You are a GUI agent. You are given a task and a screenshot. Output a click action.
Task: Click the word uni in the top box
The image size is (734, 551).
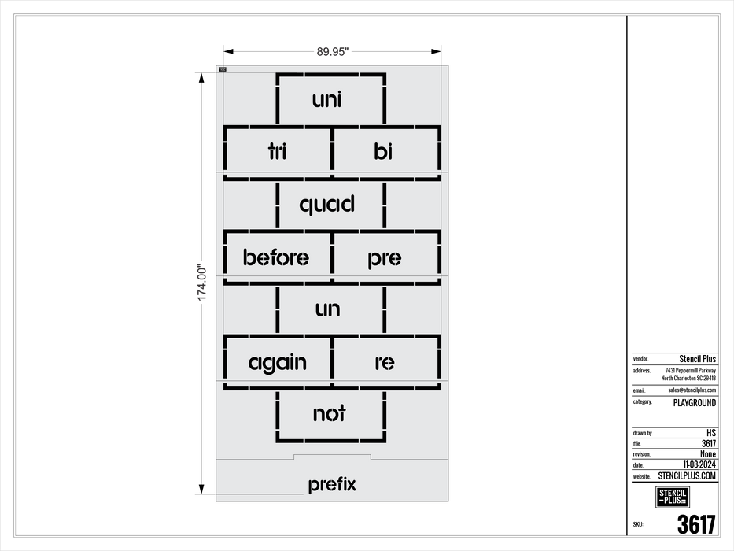click(x=327, y=100)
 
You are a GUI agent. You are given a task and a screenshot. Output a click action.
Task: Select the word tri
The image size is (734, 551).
click(x=277, y=152)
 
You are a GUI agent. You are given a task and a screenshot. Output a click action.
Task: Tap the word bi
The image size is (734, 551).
click(x=383, y=151)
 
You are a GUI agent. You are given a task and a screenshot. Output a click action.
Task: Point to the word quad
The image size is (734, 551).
click(x=327, y=205)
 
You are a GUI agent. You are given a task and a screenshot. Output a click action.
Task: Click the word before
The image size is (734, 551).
click(x=276, y=257)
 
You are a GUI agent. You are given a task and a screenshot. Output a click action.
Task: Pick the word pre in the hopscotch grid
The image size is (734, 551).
click(x=384, y=258)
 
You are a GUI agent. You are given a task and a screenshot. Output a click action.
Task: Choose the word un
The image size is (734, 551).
click(x=327, y=309)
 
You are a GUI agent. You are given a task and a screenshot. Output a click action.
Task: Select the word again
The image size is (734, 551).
click(x=277, y=364)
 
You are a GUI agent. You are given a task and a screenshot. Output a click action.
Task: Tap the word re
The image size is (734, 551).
click(x=384, y=363)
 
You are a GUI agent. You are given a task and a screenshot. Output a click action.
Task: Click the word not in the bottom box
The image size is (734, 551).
click(x=329, y=414)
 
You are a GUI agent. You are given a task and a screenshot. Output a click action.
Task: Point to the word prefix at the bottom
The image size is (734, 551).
click(x=332, y=485)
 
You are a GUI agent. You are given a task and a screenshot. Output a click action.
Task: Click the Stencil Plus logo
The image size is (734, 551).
click(x=673, y=497)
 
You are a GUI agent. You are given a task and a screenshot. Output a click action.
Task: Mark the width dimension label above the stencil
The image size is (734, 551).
click(x=332, y=53)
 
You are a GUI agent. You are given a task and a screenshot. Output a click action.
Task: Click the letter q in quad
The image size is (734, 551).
click(x=307, y=207)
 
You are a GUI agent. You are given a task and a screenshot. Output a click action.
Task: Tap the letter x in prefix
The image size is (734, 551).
click(x=351, y=485)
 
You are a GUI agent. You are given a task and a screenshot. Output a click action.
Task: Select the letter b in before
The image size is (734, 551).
click(x=249, y=257)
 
